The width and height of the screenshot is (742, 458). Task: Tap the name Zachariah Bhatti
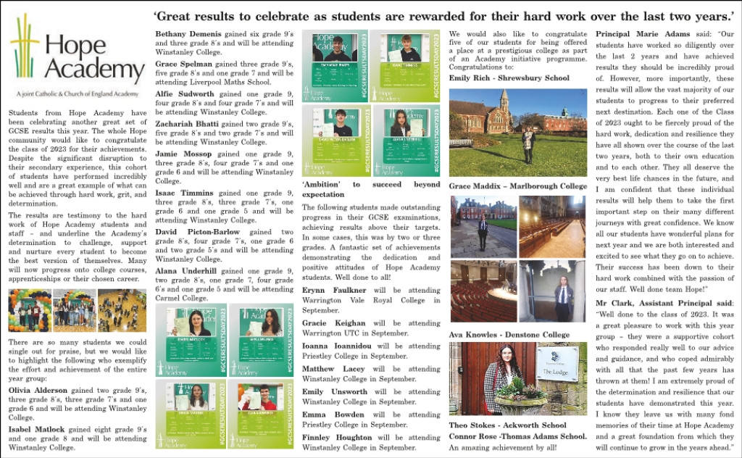[185, 124]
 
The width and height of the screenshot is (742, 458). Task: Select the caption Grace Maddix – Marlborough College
[517, 186]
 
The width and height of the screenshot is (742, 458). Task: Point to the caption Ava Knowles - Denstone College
[499, 335]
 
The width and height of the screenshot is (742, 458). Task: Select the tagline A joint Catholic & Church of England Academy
[76, 94]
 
